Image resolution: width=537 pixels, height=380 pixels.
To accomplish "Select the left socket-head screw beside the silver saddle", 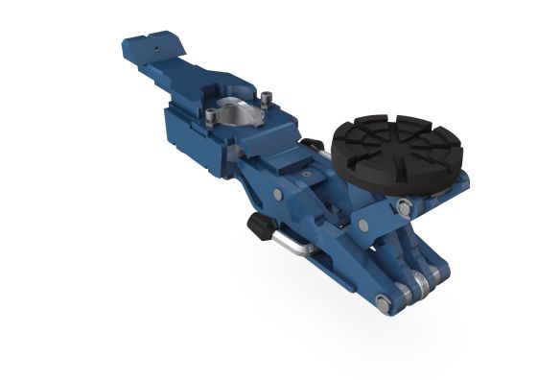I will pyautogui.click(x=211, y=117).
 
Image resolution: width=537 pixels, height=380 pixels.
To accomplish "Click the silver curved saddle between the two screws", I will pyautogui.click(x=239, y=111).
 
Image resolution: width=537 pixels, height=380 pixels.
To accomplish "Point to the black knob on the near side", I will pyautogui.click(x=260, y=226).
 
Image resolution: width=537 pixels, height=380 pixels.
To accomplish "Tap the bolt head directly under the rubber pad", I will pyautogui.click(x=405, y=206).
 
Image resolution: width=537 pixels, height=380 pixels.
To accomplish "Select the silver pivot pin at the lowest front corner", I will pyautogui.click(x=383, y=304).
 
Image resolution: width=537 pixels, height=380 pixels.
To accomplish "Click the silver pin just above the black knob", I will pyautogui.click(x=277, y=195).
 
